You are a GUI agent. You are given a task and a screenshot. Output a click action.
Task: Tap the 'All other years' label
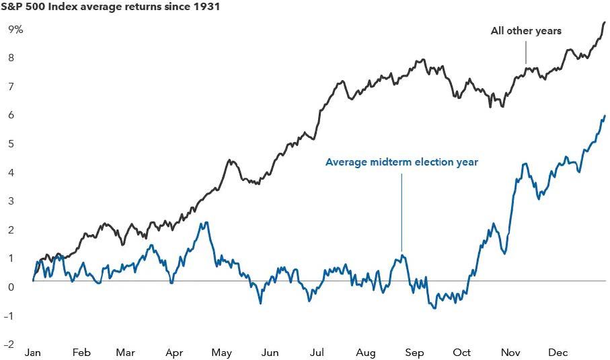526,31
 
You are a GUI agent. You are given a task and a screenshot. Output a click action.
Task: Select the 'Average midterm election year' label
402,162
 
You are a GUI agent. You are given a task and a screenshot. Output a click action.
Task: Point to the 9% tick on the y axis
15,30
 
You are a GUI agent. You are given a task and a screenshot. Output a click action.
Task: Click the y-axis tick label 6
11,116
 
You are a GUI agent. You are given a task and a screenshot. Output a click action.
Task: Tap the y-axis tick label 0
11,287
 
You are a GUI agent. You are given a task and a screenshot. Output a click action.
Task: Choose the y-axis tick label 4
11,173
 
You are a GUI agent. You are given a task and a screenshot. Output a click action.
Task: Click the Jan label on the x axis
32,353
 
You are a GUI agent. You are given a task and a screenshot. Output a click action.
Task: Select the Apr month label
174,353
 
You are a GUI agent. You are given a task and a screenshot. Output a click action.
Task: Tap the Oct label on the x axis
462,353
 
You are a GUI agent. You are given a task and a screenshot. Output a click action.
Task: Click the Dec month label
558,353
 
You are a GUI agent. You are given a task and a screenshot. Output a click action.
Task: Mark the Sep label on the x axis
414,353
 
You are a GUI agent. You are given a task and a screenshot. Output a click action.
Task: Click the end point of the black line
605,22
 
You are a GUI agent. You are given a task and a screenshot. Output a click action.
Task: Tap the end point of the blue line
605,116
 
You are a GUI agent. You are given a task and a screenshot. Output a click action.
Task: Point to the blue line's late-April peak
206,223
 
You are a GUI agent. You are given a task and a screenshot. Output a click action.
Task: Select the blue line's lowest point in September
434,308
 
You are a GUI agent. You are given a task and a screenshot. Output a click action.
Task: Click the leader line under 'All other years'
526,50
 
